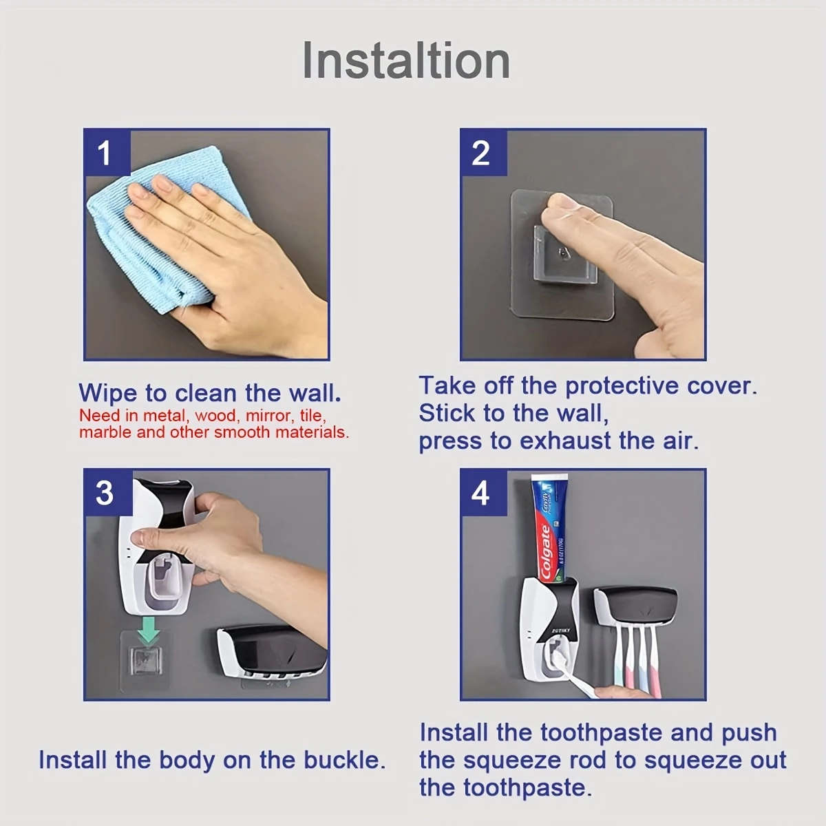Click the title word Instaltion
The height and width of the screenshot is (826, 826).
(x=406, y=61)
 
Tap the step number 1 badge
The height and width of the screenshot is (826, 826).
(x=105, y=152)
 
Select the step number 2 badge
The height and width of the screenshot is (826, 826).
(x=481, y=152)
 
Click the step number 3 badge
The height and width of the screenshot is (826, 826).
(x=105, y=493)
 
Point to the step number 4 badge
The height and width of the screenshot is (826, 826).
(x=481, y=493)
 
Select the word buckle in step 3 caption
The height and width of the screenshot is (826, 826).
(x=344, y=760)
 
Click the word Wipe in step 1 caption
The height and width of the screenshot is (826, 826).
(x=107, y=393)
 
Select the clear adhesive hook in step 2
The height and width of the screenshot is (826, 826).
(x=563, y=255)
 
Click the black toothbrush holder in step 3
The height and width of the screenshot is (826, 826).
(x=272, y=651)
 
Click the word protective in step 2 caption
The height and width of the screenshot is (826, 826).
(x=622, y=385)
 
